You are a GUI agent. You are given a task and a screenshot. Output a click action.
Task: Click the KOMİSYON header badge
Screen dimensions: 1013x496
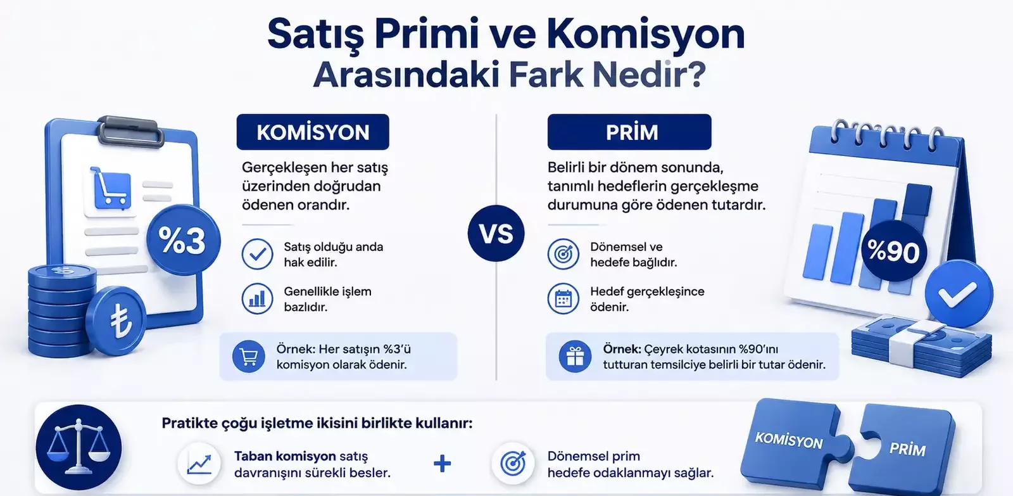(313, 132)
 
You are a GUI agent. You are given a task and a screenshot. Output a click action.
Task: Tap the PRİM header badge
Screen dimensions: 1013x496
(629, 132)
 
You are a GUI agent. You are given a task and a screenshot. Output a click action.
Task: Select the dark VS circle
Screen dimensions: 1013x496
(496, 233)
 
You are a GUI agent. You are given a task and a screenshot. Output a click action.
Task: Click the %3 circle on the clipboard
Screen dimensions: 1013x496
(183, 239)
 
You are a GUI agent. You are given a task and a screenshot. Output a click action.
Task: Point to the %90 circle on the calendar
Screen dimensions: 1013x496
(893, 251)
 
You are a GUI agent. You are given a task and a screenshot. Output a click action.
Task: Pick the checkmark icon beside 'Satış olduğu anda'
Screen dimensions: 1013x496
(257, 255)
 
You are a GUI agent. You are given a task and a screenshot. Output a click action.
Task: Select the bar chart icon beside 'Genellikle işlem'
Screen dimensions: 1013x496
(257, 299)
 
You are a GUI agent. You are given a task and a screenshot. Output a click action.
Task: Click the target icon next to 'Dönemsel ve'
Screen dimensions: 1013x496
(563, 255)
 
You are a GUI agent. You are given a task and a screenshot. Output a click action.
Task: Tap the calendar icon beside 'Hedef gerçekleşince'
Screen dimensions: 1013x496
(563, 299)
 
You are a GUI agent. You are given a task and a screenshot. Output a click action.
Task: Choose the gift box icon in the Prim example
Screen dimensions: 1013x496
(575, 356)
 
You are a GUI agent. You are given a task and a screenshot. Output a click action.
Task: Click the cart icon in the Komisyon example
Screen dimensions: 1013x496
(249, 356)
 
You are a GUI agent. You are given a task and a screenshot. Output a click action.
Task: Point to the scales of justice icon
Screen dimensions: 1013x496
(79, 447)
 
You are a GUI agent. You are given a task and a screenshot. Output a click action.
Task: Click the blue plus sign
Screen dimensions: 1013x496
(443, 464)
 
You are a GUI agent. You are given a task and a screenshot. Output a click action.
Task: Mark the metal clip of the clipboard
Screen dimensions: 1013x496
(130, 130)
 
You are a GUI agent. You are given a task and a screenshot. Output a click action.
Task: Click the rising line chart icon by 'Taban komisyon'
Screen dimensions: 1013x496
(199, 464)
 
